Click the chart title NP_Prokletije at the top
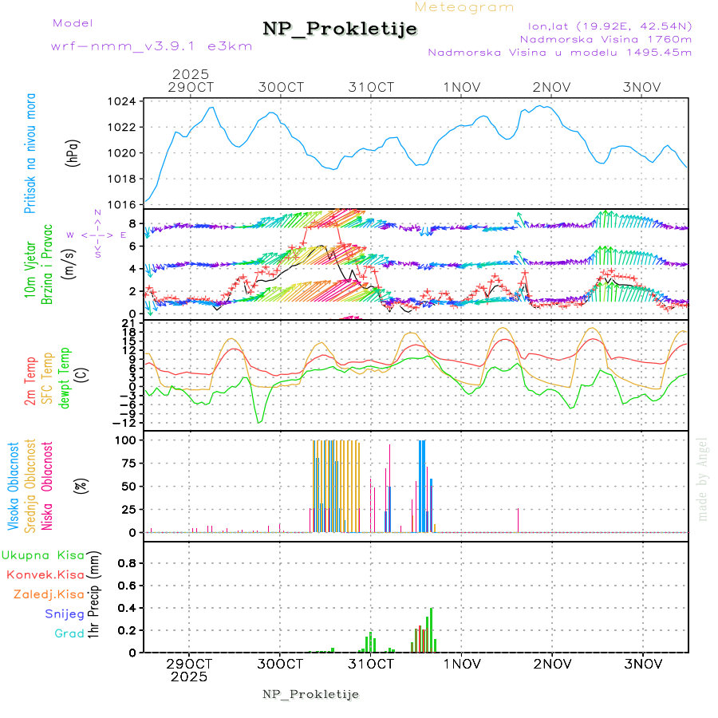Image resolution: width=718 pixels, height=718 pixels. point(340,30)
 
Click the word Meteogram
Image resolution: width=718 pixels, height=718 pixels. point(464,7)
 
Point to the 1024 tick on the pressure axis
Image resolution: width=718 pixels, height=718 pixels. point(123,101)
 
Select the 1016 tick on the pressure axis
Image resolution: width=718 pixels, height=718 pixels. point(123,204)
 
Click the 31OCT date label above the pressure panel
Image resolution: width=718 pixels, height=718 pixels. point(372,87)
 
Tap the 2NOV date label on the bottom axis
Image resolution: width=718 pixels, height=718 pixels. point(552,664)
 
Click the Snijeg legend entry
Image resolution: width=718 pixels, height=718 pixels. point(65,614)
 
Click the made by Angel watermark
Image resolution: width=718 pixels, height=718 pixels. point(703,479)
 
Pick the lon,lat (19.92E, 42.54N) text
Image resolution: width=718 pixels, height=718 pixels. point(604,25)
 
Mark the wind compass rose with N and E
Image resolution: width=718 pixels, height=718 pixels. point(97,235)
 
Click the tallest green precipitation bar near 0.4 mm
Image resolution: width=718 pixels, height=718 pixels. point(432,629)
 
